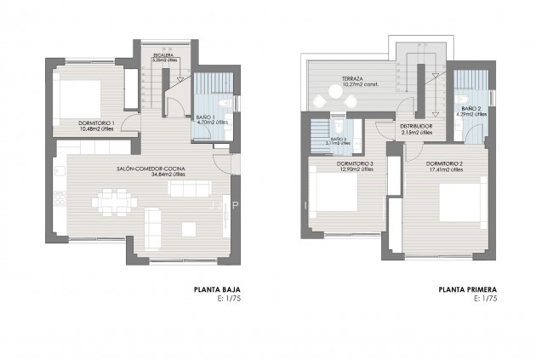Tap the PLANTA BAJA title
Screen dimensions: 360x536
(x=223, y=290)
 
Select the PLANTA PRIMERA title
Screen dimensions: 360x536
(x=467, y=290)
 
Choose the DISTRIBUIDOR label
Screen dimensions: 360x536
(x=416, y=127)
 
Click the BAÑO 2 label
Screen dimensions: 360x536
(x=471, y=109)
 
